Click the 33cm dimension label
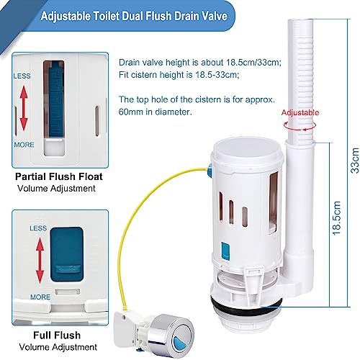tap(355, 161)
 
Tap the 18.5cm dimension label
tap(336, 218)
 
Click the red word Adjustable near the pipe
tap(300, 112)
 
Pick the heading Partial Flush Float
tap(59, 176)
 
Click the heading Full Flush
tap(57, 335)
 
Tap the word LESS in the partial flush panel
tap(22, 76)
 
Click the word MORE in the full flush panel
tap(40, 297)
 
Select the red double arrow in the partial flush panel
tap(24, 109)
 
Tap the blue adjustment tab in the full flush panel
tap(67, 254)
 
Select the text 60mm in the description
tap(129, 112)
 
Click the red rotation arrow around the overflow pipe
tap(300, 125)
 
